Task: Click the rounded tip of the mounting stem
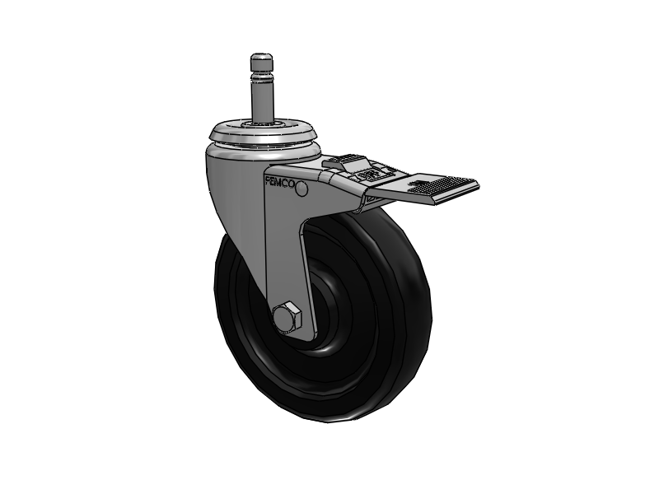click(x=260, y=59)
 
